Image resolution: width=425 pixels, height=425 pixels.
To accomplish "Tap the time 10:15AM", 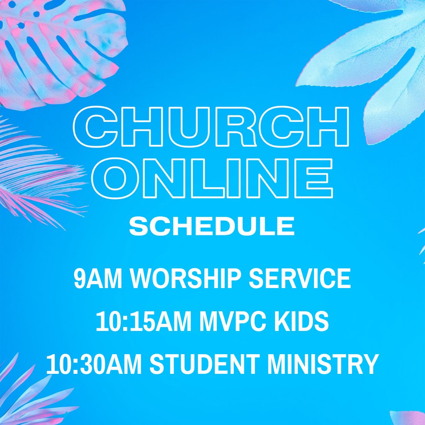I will coord(144,322).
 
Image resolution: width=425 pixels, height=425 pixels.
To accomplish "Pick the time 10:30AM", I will coord(94,364).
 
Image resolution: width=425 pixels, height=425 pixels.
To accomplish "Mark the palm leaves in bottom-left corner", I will coord(28,394).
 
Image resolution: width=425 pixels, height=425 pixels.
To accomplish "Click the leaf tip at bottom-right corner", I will coord(409,417).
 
